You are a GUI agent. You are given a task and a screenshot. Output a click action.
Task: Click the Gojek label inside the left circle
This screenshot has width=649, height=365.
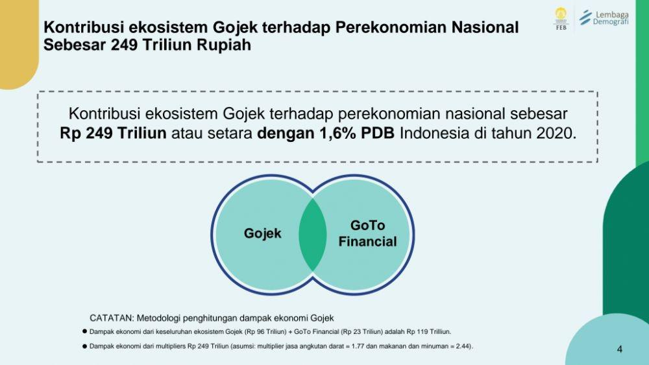click(262, 233)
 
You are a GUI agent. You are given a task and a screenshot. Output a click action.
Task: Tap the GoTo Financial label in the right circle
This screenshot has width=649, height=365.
click(367, 233)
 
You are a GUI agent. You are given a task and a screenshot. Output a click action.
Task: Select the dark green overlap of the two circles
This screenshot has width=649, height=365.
click(313, 235)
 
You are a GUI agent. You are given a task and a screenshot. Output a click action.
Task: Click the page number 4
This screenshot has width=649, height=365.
click(620, 349)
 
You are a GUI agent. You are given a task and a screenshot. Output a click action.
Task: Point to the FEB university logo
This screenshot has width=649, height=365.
click(561, 19)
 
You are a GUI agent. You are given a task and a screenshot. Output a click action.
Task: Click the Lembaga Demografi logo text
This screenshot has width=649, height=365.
click(611, 18)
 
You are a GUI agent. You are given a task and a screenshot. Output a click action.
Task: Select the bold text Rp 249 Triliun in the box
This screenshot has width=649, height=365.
click(113, 134)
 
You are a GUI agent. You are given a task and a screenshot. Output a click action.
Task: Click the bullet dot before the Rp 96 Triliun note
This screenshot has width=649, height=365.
click(85, 331)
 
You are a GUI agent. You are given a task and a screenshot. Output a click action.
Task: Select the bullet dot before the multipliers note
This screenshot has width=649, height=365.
click(85, 346)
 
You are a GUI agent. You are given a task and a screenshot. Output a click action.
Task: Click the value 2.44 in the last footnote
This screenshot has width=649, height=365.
click(463, 346)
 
